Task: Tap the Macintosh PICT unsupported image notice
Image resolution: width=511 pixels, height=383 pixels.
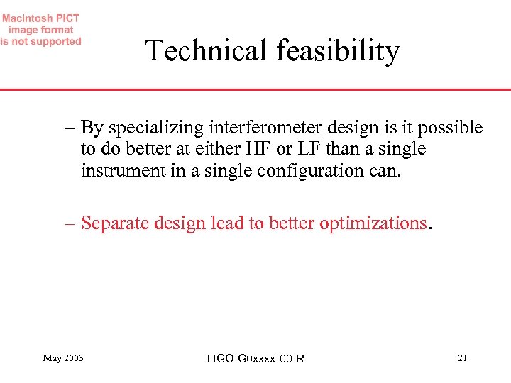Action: [40, 30]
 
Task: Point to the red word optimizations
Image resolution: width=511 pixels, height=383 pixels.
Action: [373, 223]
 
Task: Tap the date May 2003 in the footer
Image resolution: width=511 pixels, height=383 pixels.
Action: [63, 358]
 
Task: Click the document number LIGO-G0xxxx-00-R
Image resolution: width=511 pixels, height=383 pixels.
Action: [255, 359]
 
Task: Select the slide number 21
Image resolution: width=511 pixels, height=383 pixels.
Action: [462, 358]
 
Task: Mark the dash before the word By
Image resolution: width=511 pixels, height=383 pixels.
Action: [68, 128]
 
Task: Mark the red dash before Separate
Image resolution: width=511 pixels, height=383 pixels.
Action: [68, 223]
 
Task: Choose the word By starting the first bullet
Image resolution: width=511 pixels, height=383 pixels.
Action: [92, 128]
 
